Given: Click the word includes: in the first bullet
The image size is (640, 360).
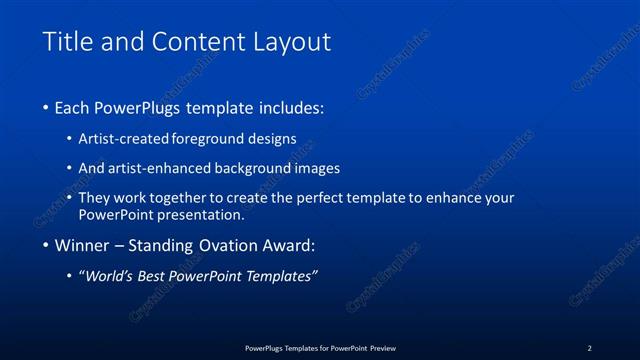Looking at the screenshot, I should click(289, 107).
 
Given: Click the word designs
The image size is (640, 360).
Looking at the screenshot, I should click(274, 139).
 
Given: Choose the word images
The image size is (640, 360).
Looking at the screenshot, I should click(319, 168).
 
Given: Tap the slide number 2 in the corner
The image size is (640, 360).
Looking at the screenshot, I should click(589, 348).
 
